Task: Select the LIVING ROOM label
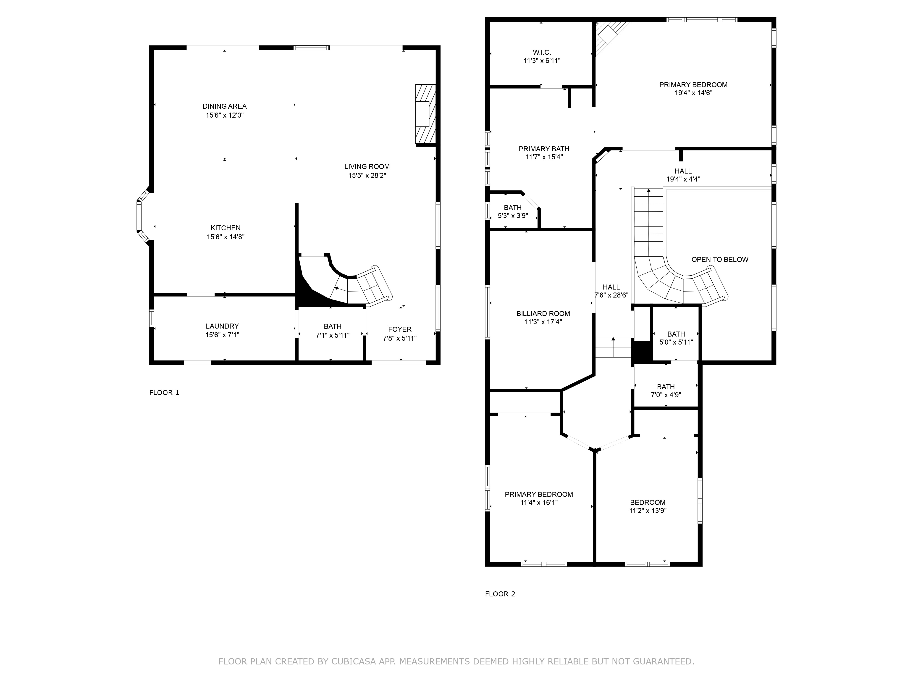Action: click(x=367, y=167)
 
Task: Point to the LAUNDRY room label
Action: click(x=222, y=326)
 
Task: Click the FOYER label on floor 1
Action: click(x=399, y=329)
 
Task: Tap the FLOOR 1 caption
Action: click(x=164, y=393)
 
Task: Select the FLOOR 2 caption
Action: click(x=500, y=594)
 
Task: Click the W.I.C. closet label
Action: click(x=542, y=53)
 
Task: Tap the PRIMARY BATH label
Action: click(x=544, y=149)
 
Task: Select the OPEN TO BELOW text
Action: click(x=719, y=260)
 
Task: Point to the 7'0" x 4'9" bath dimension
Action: click(x=666, y=395)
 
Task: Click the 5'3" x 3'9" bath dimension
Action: click(x=513, y=216)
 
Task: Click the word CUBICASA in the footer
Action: click(x=353, y=661)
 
